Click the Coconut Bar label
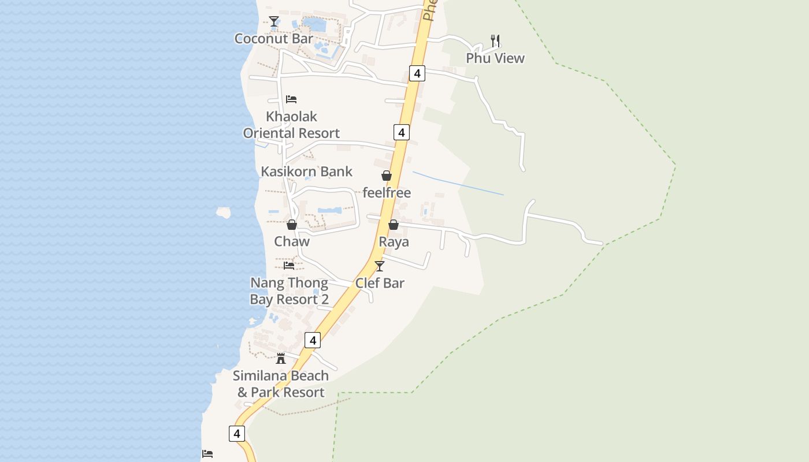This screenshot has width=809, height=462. point(273,39)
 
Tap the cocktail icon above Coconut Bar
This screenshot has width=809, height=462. point(273,22)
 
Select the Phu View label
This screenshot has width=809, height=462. point(495,58)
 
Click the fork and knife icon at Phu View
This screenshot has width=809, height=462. point(495,40)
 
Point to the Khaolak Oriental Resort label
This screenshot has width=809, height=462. point(291,125)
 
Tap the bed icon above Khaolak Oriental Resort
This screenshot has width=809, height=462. point(291,99)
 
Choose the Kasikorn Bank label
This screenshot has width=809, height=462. point(306,172)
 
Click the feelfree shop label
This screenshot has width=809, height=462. point(387,193)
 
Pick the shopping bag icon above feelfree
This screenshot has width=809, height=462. point(386,176)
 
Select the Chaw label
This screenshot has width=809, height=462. point(292,241)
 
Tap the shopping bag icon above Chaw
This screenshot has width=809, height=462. point(292,225)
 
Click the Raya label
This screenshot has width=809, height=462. point(394,241)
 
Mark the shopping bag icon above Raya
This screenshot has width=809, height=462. point(394,225)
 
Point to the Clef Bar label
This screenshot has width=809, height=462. point(380,283)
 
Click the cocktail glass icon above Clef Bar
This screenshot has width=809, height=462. point(380,266)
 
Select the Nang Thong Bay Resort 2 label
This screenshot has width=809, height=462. point(289,291)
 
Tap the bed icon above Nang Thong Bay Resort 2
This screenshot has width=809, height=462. point(289,266)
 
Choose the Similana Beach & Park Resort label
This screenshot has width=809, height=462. point(281,384)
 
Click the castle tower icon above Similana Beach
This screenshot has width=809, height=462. point(281,359)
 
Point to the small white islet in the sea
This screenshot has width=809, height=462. point(223,213)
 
